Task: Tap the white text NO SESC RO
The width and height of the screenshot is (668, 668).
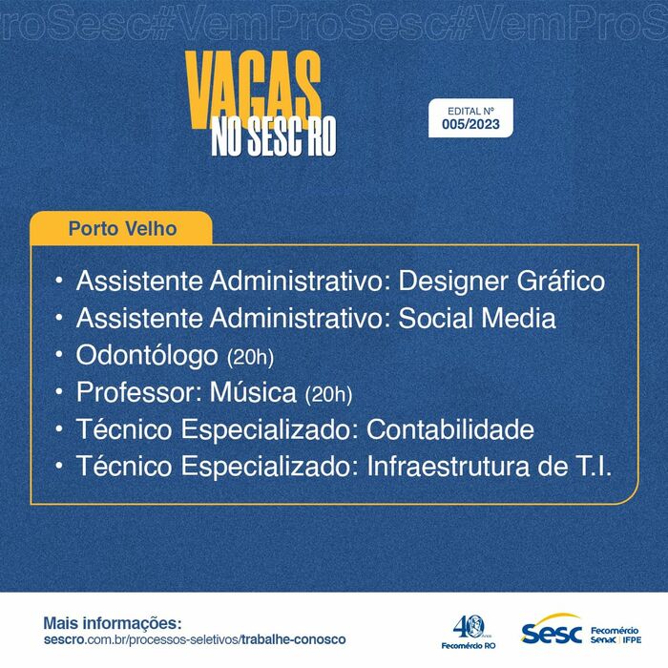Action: coord(274,136)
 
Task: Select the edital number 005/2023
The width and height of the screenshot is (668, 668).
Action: coord(470,124)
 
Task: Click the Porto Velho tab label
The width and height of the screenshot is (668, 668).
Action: coord(123,229)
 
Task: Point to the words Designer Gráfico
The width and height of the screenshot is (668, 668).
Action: coord(501,282)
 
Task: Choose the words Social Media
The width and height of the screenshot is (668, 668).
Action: coord(477,318)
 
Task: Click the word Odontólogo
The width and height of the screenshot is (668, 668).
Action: coord(147,356)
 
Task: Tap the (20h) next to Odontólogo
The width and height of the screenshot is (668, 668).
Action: coord(250,357)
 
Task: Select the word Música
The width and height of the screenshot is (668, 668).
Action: coord(253,391)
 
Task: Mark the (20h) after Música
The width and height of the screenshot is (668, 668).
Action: coord(328,394)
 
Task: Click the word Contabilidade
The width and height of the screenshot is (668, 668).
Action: coord(450,428)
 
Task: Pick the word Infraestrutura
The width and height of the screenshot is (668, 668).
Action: coord(449,466)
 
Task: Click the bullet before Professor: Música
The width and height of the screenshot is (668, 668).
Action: coord(59,391)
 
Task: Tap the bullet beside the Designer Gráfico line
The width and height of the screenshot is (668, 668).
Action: coord(59,281)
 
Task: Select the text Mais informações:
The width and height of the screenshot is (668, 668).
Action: coord(113,623)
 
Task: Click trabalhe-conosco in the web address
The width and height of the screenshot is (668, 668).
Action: coord(294,639)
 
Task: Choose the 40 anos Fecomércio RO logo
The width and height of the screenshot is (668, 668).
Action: coord(469,632)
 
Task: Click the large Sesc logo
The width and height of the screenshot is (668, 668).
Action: coord(552,629)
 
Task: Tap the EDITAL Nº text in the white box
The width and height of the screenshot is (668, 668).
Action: coord(470,112)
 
